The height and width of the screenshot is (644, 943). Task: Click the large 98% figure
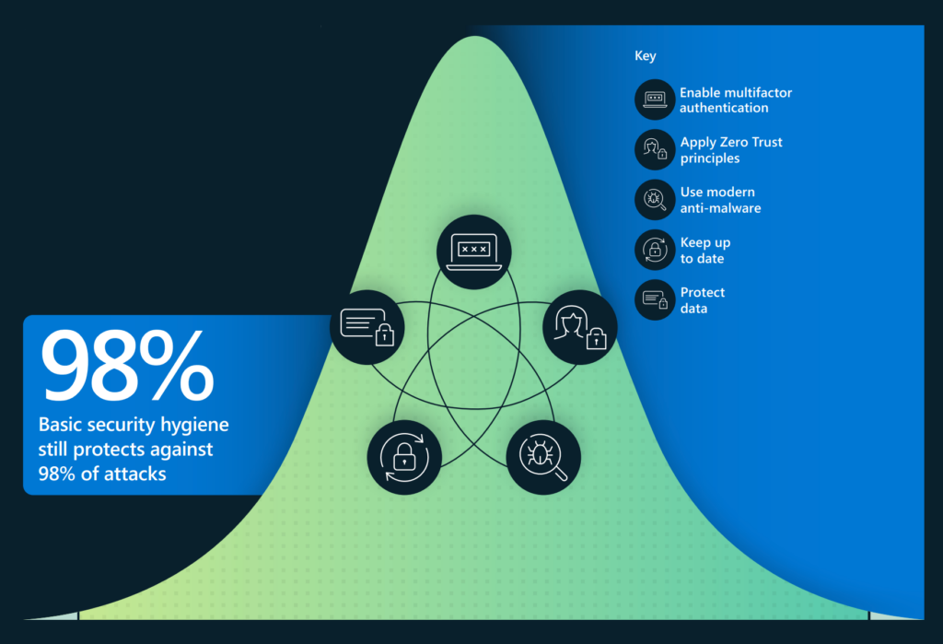tap(127, 366)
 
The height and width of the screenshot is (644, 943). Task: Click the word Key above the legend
tap(646, 56)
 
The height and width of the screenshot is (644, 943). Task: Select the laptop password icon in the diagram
tap(474, 252)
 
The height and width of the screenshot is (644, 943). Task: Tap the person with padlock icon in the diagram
tap(580, 327)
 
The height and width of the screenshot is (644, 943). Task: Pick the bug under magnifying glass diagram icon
tap(543, 457)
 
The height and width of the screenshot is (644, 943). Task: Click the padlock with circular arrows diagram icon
tap(404, 457)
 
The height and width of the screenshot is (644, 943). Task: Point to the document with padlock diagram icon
tap(367, 327)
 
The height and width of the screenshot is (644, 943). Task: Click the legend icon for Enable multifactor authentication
tap(655, 100)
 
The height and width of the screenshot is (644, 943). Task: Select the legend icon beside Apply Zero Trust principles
tap(655, 149)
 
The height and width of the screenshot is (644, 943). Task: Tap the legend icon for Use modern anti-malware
tap(655, 199)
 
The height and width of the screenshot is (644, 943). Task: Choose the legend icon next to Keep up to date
tap(655, 249)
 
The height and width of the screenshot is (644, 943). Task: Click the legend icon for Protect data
tap(655, 299)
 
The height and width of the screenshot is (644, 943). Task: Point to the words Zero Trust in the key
tap(751, 142)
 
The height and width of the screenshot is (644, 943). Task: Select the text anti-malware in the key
tap(720, 208)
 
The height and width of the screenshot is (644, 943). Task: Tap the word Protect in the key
tap(703, 292)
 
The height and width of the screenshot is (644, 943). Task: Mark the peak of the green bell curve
tap(475, 36)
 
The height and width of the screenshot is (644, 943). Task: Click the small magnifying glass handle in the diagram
tap(561, 474)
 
